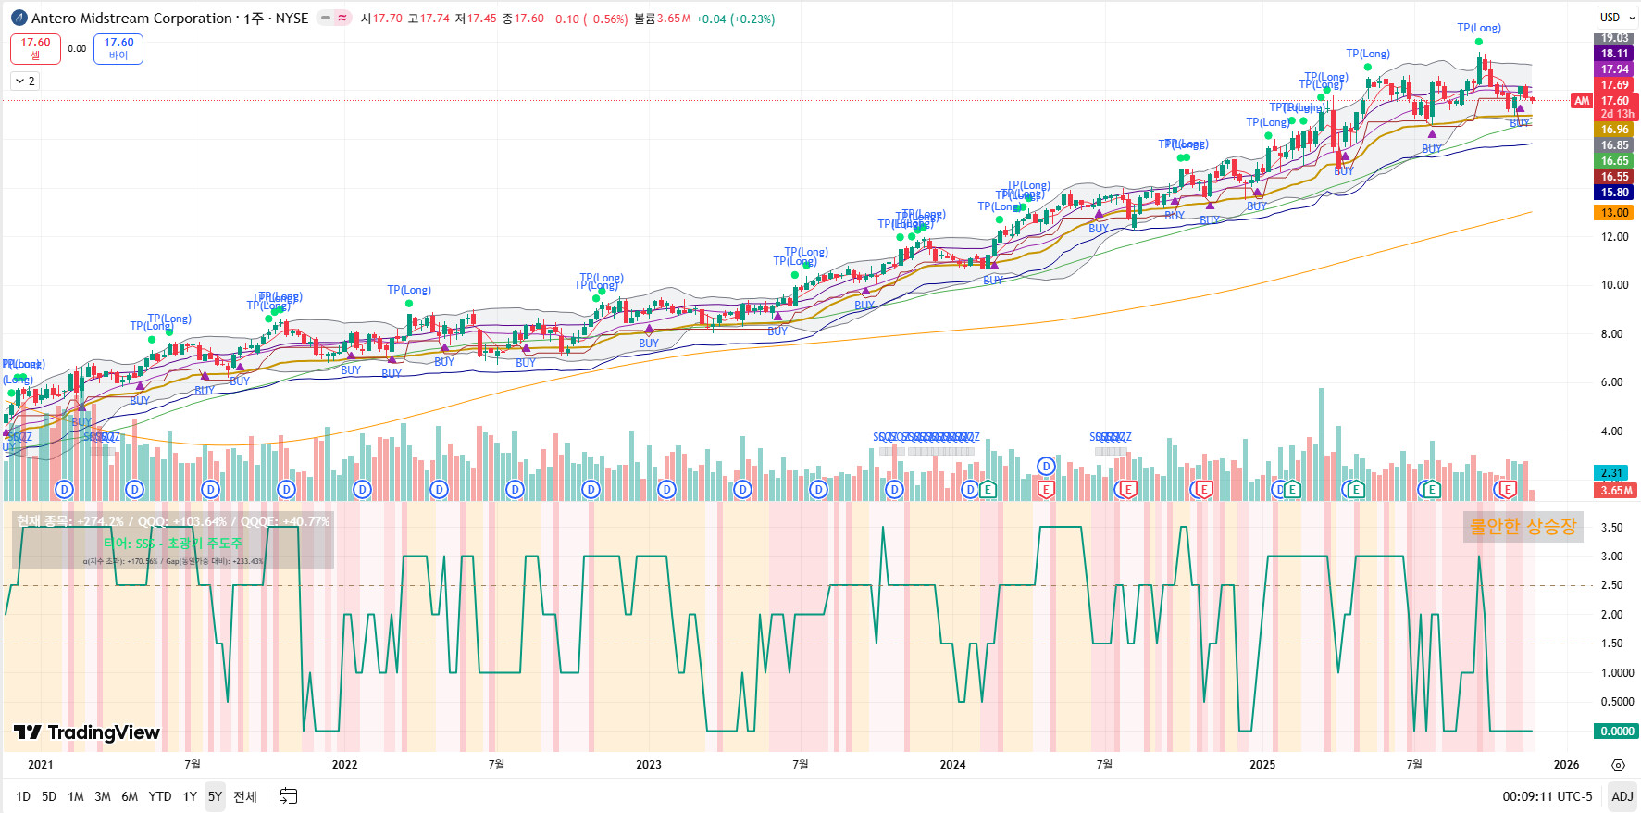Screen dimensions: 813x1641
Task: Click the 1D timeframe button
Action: click(23, 796)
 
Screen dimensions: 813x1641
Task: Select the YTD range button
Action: click(160, 796)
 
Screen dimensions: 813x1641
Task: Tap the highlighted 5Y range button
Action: click(215, 796)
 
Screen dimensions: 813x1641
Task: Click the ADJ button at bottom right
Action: click(1622, 796)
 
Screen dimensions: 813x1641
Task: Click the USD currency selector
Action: click(1616, 18)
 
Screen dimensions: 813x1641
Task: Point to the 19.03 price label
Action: click(1614, 38)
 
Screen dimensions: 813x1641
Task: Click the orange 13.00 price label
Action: click(1614, 213)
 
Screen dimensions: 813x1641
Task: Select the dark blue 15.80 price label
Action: click(1614, 193)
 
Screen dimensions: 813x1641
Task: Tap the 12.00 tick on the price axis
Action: click(1614, 237)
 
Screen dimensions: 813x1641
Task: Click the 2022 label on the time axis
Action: click(344, 764)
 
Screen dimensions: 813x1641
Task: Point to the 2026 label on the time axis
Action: click(1566, 764)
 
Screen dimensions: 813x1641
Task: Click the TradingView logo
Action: click(87, 732)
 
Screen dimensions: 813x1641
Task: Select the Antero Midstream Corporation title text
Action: click(131, 19)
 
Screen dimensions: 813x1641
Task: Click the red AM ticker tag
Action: click(1582, 101)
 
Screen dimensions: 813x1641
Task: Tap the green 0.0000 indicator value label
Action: click(1616, 732)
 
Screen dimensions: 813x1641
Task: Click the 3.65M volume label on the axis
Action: click(1616, 491)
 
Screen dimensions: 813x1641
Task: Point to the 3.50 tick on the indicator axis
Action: click(1611, 528)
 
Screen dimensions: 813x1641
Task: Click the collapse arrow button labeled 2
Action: click(25, 81)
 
